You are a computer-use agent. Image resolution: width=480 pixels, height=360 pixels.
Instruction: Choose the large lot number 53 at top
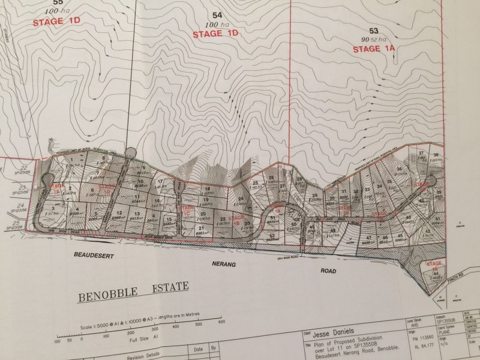coord(374,30)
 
